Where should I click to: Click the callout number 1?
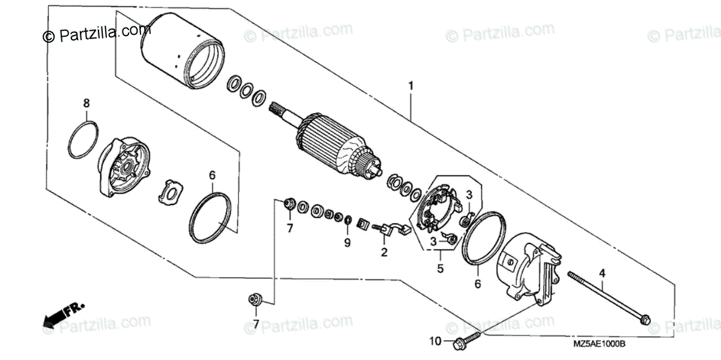pos(411,86)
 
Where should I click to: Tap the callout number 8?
pos(87,103)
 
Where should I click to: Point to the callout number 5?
pos(440,269)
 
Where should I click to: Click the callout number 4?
pos(601,273)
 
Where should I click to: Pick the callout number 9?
pos(347,243)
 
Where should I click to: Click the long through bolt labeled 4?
pos(607,298)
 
